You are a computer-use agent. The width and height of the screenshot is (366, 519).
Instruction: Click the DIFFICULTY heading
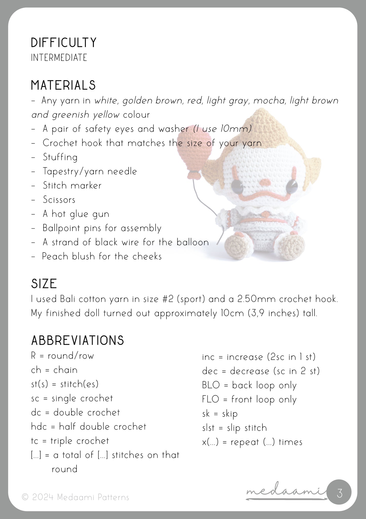[x=64, y=43]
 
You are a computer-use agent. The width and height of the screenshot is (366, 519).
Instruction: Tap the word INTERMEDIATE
[x=59, y=58]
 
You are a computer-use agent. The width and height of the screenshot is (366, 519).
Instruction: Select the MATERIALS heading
[x=63, y=85]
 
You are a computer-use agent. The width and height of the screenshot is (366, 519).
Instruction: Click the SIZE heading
[x=44, y=284]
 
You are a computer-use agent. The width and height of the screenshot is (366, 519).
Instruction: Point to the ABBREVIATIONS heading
[x=78, y=341]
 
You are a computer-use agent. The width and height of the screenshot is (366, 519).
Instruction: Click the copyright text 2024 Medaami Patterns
[x=75, y=497]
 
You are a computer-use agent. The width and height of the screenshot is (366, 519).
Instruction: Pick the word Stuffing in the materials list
[x=60, y=157]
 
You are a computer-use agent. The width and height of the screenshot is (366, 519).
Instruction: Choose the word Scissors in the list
[x=59, y=200]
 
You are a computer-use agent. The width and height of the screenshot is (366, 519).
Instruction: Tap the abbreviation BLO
[x=211, y=385]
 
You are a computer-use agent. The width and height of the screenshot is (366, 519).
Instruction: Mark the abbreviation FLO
[x=210, y=399]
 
